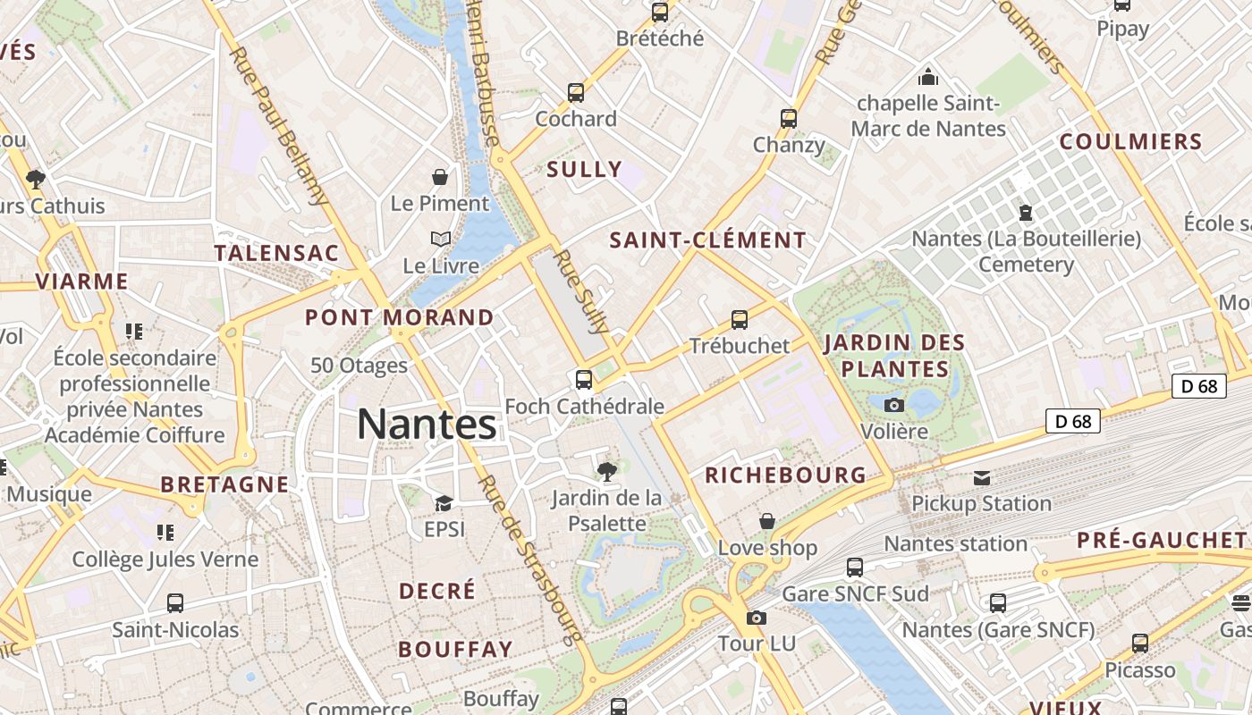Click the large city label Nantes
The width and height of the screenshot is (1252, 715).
tap(427, 425)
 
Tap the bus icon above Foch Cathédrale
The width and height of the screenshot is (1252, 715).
tap(584, 380)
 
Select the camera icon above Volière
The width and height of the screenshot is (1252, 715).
tap(893, 405)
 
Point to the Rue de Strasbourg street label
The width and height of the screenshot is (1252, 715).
tap(530, 559)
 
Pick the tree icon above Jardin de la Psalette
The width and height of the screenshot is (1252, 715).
tap(606, 470)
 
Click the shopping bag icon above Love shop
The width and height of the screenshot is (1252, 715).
tap(767, 521)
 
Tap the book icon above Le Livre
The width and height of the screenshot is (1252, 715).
tap(441, 239)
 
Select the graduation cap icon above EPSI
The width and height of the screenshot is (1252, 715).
tap(444, 503)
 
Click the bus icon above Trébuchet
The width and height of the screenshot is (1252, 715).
tap(739, 319)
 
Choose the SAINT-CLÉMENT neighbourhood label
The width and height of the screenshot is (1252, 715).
tap(707, 240)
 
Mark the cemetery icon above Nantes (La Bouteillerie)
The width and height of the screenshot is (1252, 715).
tap(1025, 213)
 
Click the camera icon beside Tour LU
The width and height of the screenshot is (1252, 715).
tap(757, 618)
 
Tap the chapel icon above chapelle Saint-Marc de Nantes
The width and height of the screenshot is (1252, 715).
tap(928, 77)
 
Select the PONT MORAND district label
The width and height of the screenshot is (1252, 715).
tap(399, 317)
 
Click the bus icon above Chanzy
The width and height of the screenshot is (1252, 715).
tap(788, 118)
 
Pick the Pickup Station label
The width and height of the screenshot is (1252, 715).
tap(981, 503)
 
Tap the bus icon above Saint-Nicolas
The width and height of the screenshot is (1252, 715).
tap(175, 603)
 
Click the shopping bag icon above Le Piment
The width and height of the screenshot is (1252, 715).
tap(440, 176)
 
